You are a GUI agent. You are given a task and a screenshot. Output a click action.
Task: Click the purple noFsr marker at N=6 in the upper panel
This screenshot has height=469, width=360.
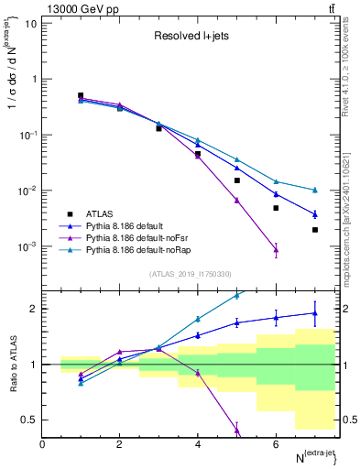(276, 249)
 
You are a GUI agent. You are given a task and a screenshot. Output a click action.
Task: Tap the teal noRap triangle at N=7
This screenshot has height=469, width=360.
(314, 190)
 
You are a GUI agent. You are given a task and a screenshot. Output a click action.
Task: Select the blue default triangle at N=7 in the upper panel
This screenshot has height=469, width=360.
(314, 214)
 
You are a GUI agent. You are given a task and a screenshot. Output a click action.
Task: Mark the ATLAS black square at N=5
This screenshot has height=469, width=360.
(236, 180)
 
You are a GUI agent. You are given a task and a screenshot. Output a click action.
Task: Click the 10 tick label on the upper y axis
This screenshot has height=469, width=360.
(31, 23)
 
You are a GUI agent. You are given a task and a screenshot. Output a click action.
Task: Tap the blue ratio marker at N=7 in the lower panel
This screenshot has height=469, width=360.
(314, 313)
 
